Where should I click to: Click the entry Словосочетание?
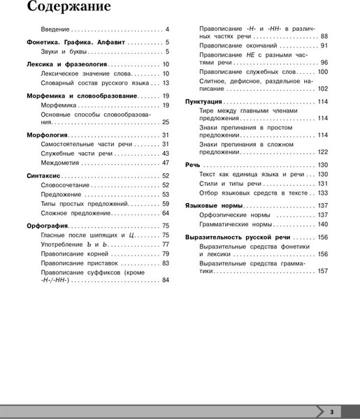[x=65, y=185]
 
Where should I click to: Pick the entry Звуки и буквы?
[x=64, y=52]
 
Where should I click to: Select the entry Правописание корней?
[x=80, y=253]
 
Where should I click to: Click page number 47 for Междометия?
[x=166, y=162]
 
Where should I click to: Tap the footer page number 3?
[x=332, y=410]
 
